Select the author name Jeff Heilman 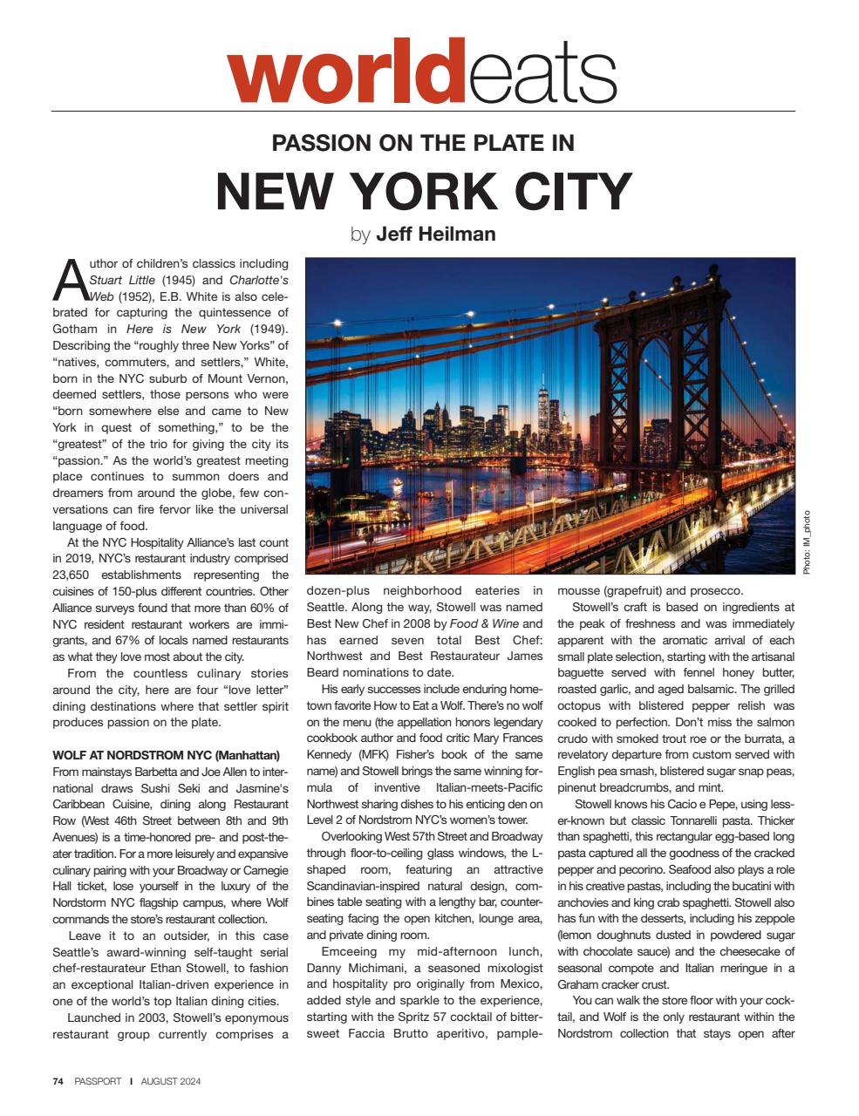435,234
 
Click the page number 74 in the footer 58,1081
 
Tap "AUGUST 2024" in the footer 169,1081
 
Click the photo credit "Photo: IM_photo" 807,541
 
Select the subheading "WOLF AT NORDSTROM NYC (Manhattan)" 166,755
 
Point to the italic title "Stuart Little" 122,281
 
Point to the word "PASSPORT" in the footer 98,1081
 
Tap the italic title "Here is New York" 184,330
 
